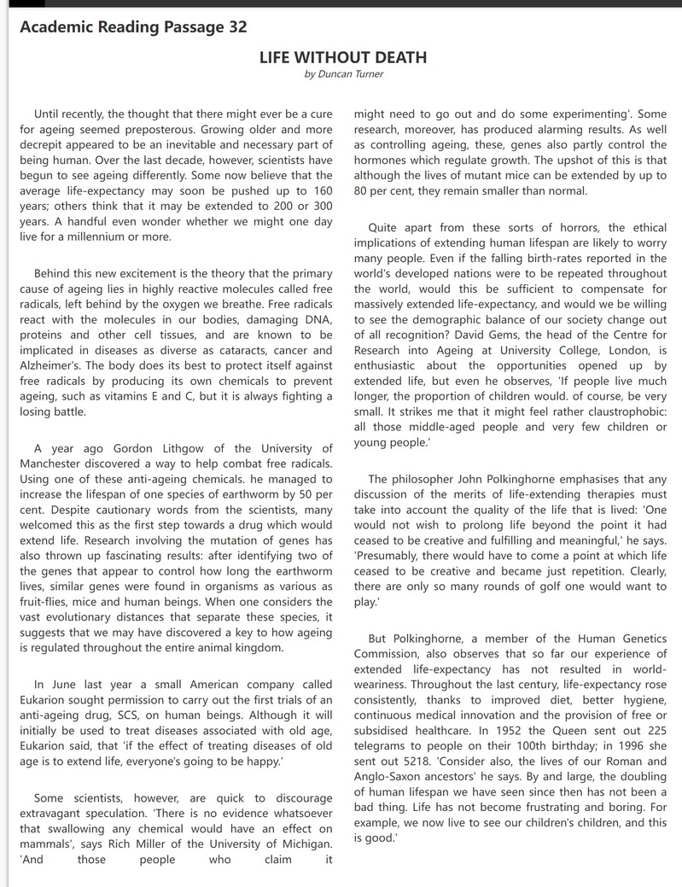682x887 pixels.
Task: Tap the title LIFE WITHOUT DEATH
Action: pyautogui.click(x=342, y=58)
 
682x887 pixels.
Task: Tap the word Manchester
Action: pyautogui.click(x=55, y=464)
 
